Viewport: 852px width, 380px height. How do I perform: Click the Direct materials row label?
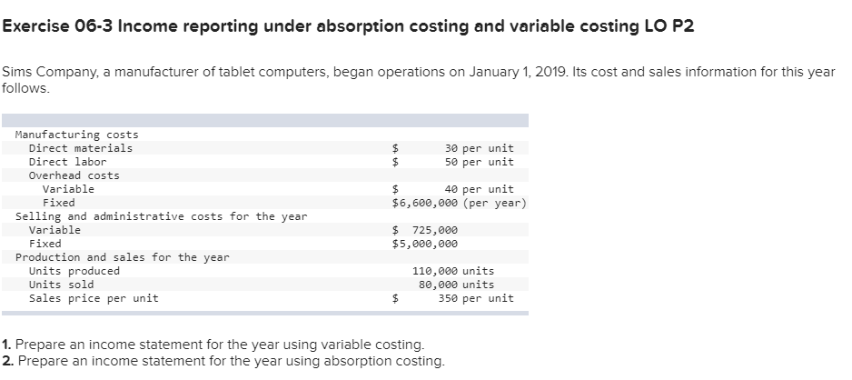81,148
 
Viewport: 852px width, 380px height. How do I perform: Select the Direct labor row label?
68,162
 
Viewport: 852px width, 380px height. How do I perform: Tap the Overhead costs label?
74,175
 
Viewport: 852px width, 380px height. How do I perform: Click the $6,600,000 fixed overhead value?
425,203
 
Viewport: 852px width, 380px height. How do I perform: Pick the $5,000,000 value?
425,244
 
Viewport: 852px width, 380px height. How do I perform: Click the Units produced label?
74,271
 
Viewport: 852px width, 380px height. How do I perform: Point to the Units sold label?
62,285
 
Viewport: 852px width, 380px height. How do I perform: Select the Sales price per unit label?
94,298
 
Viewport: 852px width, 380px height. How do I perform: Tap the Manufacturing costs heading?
77,135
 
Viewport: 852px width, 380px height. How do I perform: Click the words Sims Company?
46,72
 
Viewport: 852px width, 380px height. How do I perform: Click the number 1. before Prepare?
6,345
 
